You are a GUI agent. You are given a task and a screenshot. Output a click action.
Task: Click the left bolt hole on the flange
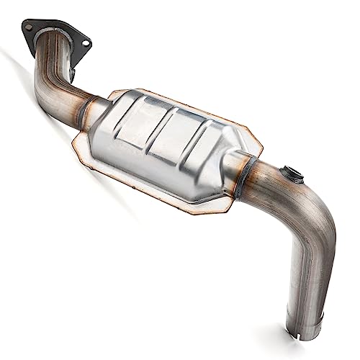[x=28, y=27]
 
